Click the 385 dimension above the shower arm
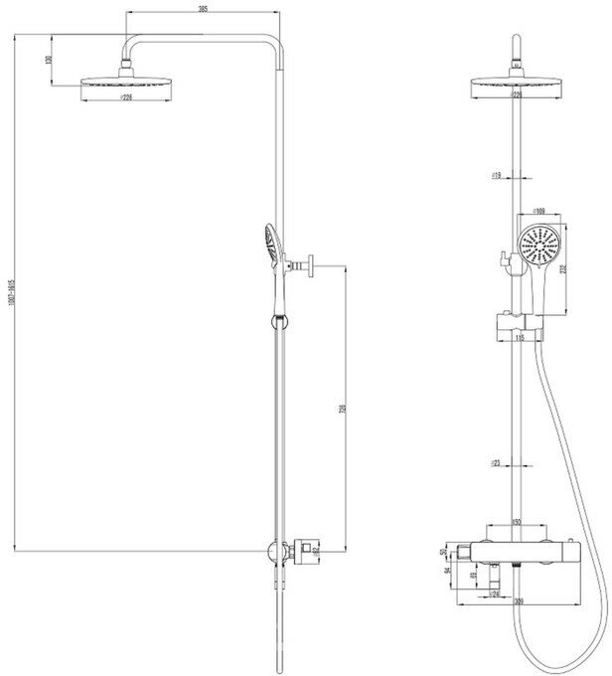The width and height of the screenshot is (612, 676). [x=203, y=9]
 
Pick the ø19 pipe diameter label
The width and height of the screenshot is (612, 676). [x=496, y=175]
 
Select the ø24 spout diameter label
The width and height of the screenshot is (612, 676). [x=493, y=594]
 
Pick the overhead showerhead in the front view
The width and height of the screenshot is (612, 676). [x=517, y=84]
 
